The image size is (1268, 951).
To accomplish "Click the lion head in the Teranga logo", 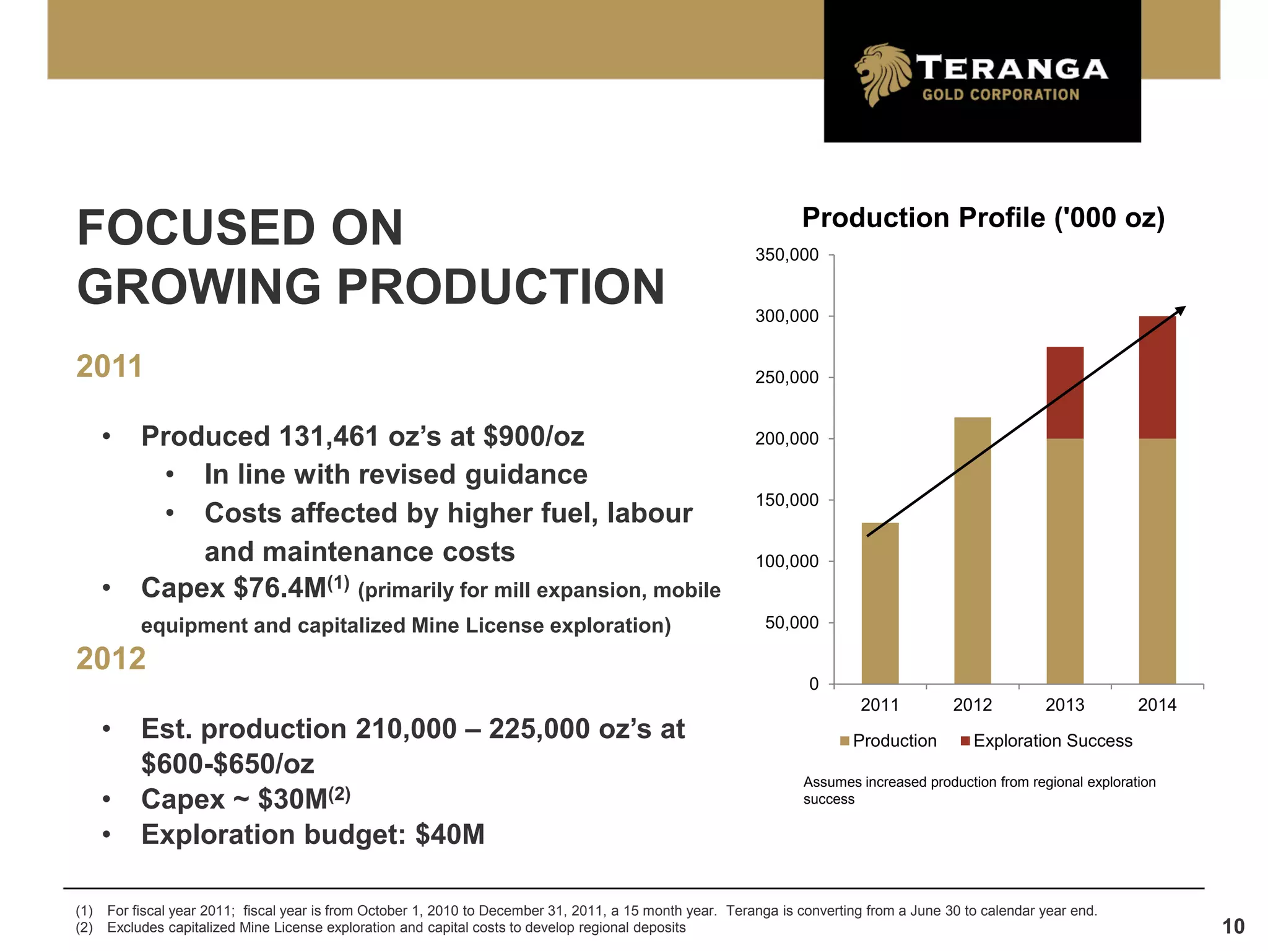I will pyautogui.click(x=882, y=74).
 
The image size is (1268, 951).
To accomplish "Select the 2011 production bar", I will pyautogui.click(x=880, y=604).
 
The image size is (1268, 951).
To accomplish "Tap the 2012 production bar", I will pyautogui.click(x=972, y=551).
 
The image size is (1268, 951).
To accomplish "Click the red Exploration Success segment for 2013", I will pyautogui.click(x=1065, y=393).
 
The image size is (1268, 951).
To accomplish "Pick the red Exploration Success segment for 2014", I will pyautogui.click(x=1157, y=378).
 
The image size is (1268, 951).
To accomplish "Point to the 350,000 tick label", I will pyautogui.click(x=787, y=255).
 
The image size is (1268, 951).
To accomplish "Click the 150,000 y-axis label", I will pyautogui.click(x=787, y=500).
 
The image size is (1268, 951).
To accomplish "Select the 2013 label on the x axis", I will pyautogui.click(x=1065, y=705).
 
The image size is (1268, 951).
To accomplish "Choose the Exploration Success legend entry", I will pyautogui.click(x=1046, y=741).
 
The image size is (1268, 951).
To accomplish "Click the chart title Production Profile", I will pyautogui.click(x=983, y=218).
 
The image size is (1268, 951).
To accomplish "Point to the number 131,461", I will pyautogui.click(x=329, y=436).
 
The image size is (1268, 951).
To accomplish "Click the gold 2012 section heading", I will pyautogui.click(x=111, y=658).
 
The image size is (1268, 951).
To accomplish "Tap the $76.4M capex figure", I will pyautogui.click(x=280, y=588).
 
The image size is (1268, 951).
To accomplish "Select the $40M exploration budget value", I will pyautogui.click(x=450, y=835).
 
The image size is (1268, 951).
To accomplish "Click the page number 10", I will pyautogui.click(x=1233, y=927).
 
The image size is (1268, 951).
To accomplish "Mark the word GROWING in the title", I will pyautogui.click(x=199, y=287).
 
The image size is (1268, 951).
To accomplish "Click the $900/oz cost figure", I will pyautogui.click(x=534, y=436).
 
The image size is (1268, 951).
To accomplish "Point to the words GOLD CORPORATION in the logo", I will pyautogui.click(x=1001, y=95).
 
